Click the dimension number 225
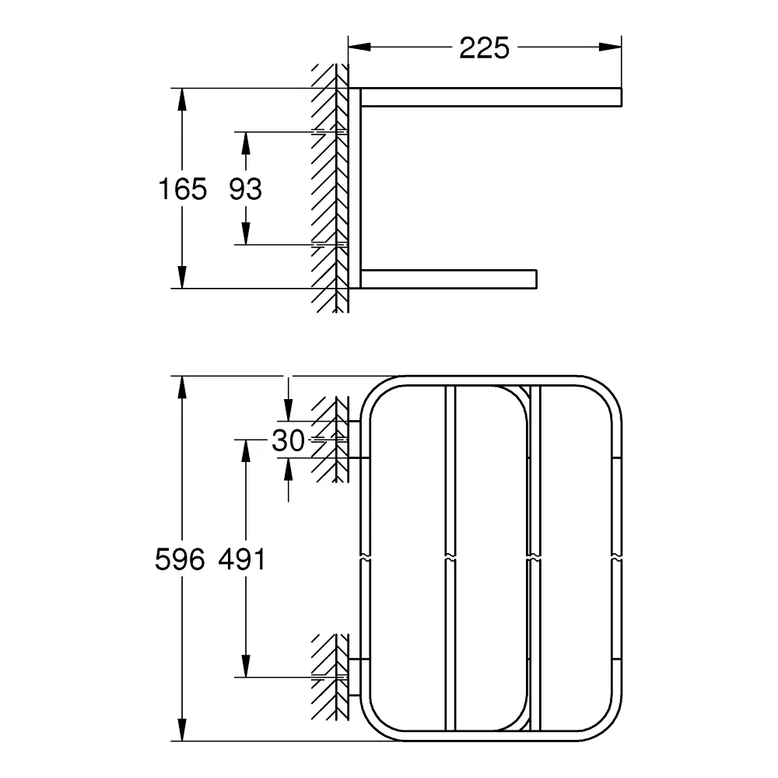[x=484, y=48]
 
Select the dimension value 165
[x=183, y=189]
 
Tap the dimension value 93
[x=246, y=189]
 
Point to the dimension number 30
[x=288, y=440]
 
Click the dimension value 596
[x=180, y=559]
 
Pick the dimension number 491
[x=242, y=559]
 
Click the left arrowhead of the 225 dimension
[x=359, y=47]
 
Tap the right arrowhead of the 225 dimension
[x=610, y=47]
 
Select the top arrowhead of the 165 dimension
[x=183, y=100]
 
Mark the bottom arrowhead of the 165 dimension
[x=183, y=277]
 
